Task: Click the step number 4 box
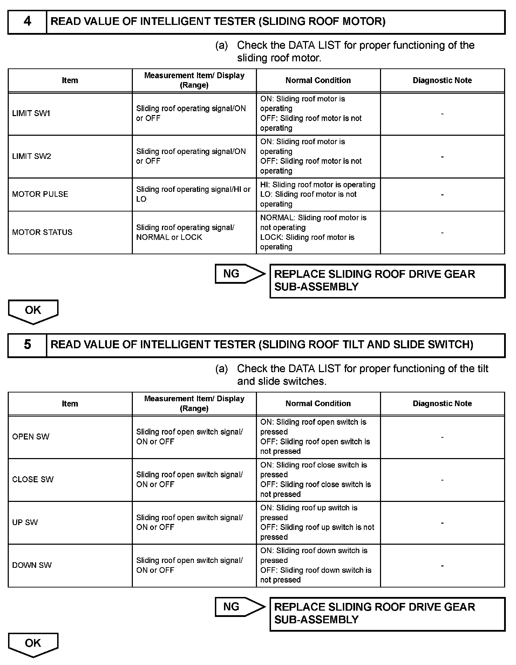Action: click(27, 22)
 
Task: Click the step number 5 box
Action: click(27, 345)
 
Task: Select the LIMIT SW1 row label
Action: click(31, 114)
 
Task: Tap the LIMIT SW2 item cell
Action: click(32, 156)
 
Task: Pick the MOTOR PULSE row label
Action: click(40, 194)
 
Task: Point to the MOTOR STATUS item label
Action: click(42, 232)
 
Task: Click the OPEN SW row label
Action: click(31, 437)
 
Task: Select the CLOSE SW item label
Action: click(33, 479)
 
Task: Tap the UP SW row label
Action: click(25, 522)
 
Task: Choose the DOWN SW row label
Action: click(32, 565)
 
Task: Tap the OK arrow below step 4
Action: click(33, 311)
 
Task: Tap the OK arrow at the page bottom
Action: click(33, 644)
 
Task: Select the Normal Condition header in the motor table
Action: click(318, 80)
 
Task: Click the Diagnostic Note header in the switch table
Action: click(442, 403)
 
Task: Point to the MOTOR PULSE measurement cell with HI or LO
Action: click(193, 194)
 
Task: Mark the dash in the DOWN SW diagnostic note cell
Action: click(442, 565)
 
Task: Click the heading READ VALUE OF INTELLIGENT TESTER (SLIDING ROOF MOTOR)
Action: click(218, 22)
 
